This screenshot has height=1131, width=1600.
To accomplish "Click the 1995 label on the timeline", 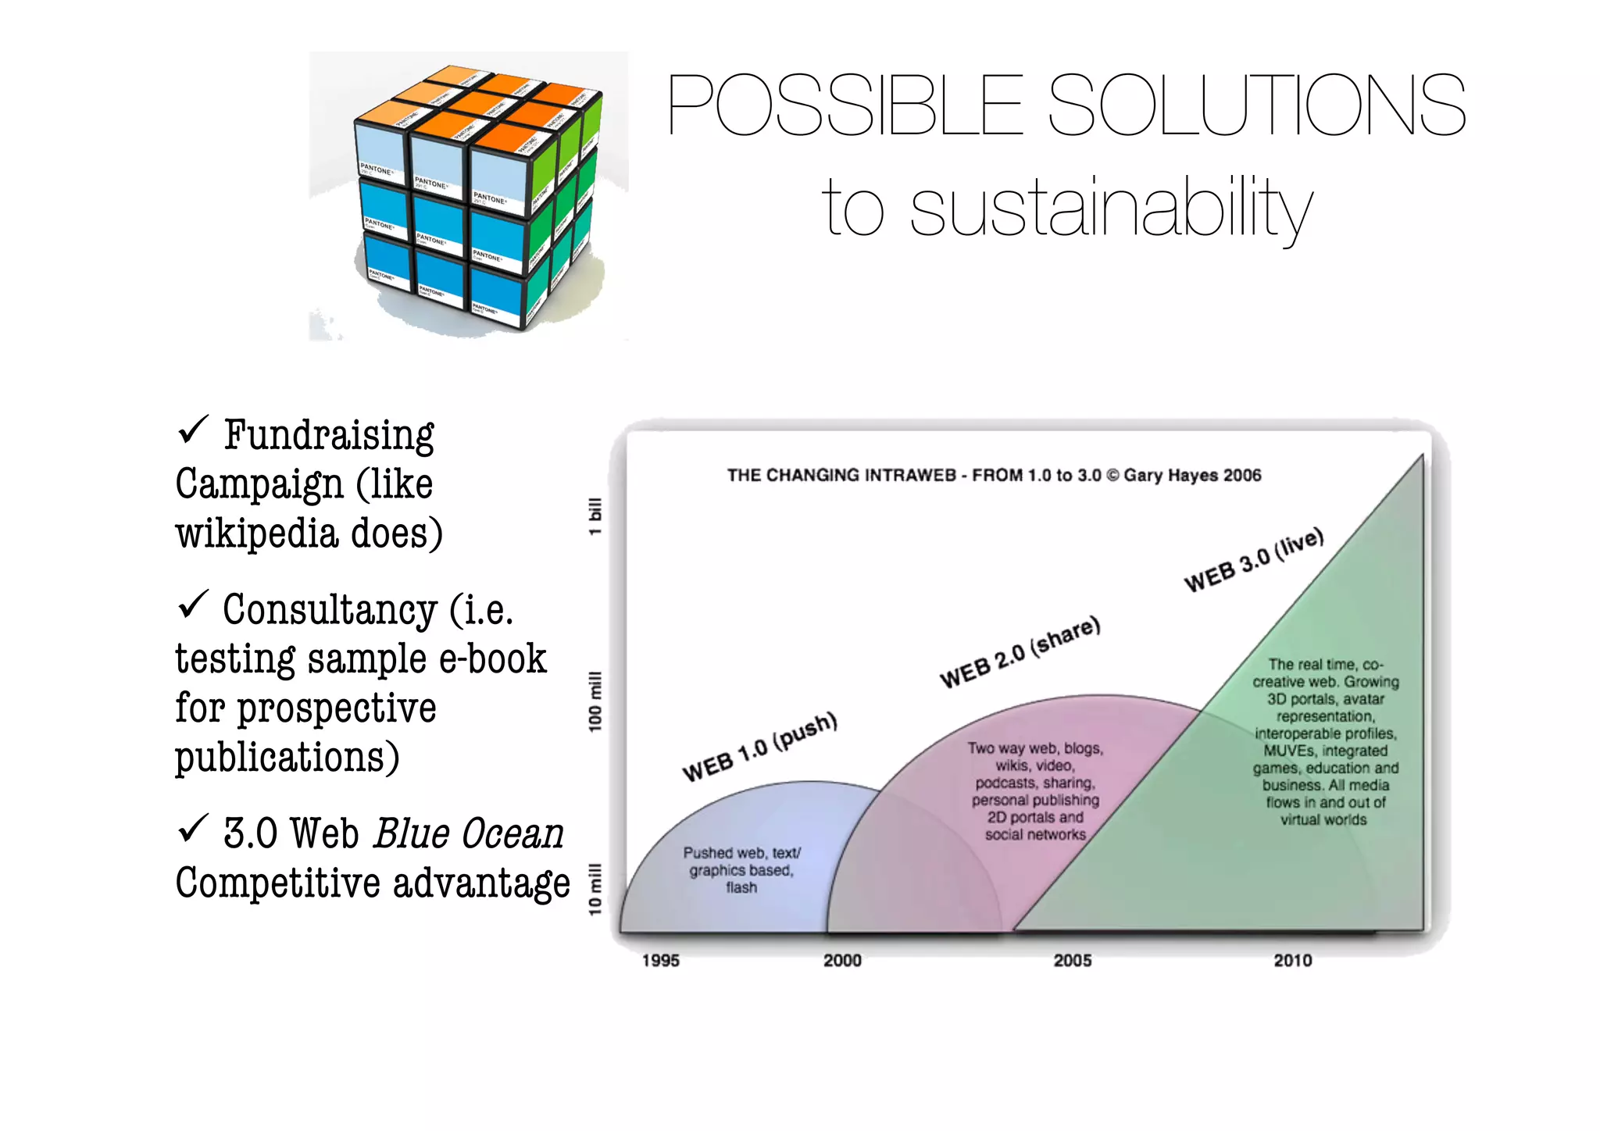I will click(661, 960).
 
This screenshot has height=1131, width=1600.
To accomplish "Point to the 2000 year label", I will click(842, 960).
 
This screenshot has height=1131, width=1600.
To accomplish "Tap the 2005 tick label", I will click(1073, 960).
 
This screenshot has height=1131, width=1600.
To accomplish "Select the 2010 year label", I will click(1293, 960).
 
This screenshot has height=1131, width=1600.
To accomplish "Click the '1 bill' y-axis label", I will click(595, 516).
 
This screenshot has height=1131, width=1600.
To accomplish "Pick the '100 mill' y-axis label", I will click(595, 701).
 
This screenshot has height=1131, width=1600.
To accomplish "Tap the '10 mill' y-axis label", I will click(595, 889).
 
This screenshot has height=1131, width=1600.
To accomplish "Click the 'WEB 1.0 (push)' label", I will click(759, 747).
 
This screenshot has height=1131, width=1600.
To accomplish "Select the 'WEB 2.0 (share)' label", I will click(1020, 652).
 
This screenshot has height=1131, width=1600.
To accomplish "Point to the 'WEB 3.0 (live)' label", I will click(1254, 559).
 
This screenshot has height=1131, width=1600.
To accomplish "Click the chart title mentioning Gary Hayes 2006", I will click(994, 475).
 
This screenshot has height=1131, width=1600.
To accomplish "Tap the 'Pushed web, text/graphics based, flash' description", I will click(741, 870).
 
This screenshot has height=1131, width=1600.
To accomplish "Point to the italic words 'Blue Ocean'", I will click(469, 833).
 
